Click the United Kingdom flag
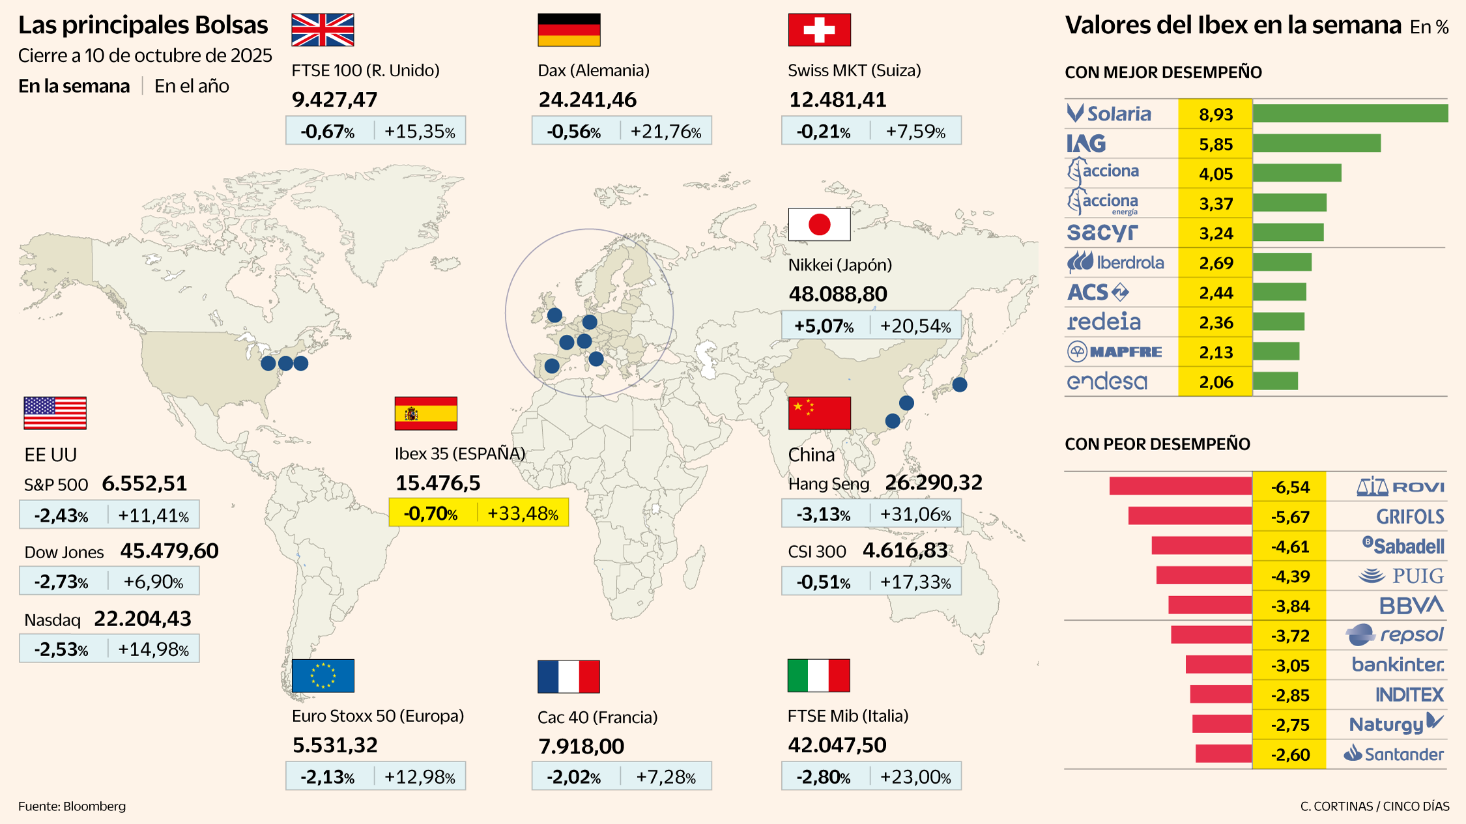coord(323,30)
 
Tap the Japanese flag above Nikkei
coord(819,225)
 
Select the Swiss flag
coord(819,30)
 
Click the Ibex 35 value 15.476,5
coord(438,483)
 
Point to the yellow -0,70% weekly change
coord(431,513)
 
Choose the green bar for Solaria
coord(1350,113)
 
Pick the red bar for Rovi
coord(1180,486)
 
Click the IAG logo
coord(1086,143)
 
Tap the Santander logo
coord(1394,754)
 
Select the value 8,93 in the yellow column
coord(1216,115)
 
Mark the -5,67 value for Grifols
coord(1290,517)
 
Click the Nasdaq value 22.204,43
coord(143,618)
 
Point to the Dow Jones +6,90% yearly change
coord(154,581)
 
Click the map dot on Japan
coord(959,384)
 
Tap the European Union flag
coord(323,675)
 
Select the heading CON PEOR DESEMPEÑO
coord(1157,444)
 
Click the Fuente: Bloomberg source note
coord(72,806)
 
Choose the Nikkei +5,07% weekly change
coord(824,326)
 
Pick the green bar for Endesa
coord(1275,381)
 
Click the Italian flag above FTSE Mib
coord(818,675)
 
